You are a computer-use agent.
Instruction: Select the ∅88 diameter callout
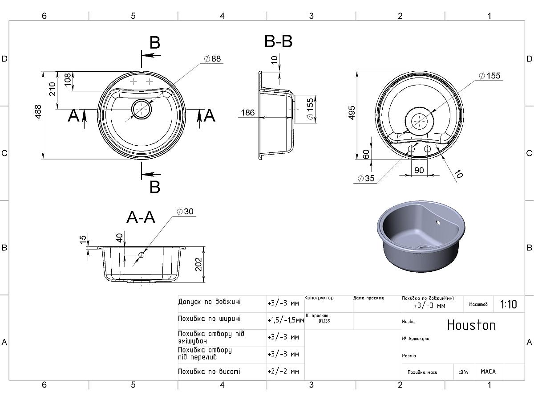coord(212,59)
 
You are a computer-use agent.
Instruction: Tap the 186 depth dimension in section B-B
coord(247,113)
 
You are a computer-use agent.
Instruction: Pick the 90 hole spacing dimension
coord(419,170)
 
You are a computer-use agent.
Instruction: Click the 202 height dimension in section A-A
coord(198,265)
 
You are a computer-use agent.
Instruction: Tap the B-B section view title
coord(278,41)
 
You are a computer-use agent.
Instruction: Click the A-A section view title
coord(141,217)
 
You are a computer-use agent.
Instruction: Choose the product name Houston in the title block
coord(471,325)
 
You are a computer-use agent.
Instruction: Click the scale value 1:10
coord(508,304)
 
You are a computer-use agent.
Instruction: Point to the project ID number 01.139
coord(324,321)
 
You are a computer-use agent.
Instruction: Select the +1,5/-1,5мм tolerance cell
coord(285,320)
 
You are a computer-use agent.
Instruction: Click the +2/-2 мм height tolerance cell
coord(283,371)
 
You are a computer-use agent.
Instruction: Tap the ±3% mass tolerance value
coord(463,372)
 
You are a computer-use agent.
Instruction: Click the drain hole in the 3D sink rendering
coord(424,246)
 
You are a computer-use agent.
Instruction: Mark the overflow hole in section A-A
coord(142,255)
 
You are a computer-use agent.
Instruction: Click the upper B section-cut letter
coord(154,43)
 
